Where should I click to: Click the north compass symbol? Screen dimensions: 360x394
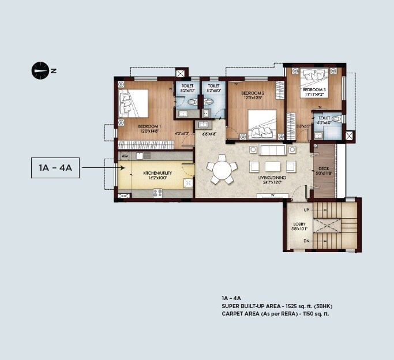[40, 71]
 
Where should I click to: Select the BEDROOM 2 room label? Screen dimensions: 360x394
[253, 93]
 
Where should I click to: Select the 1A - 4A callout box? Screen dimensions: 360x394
[55, 168]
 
